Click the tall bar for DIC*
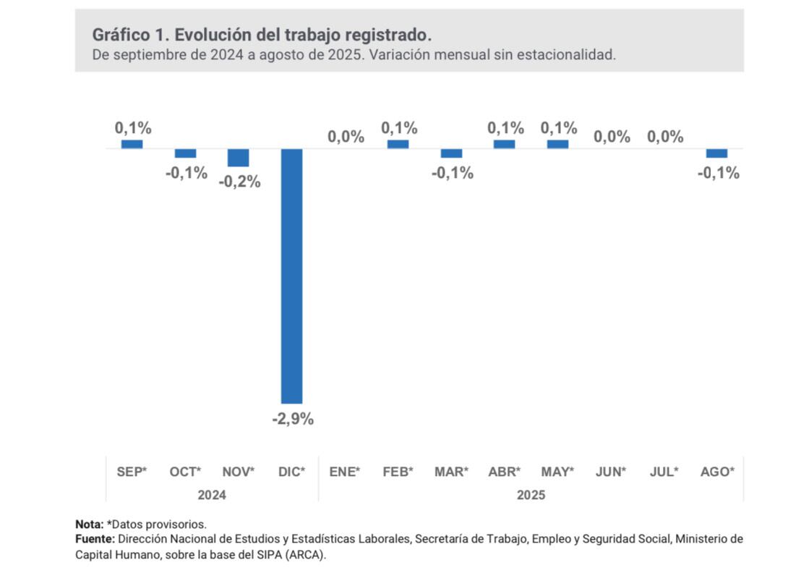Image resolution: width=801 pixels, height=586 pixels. [x=291, y=276]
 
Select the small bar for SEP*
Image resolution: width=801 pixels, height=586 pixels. [x=132, y=144]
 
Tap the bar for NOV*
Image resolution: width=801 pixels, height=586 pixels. [x=239, y=158]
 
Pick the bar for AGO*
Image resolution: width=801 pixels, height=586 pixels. [x=717, y=153]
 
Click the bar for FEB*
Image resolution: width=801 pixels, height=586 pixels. [x=398, y=144]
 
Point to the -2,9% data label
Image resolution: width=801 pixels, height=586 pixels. [x=292, y=420]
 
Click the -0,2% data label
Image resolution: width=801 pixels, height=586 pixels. [x=239, y=182]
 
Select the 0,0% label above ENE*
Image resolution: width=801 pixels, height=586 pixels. [x=346, y=137]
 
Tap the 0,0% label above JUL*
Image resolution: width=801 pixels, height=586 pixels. [x=665, y=137]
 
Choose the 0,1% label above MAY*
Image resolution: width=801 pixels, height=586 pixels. [x=558, y=128]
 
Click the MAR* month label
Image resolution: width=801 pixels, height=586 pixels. [x=451, y=472]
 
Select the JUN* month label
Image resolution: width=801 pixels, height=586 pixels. [x=611, y=472]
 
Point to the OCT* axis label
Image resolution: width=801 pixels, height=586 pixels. [x=185, y=472]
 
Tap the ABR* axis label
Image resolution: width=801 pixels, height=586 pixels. [x=505, y=472]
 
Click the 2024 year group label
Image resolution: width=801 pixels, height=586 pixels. [x=212, y=495]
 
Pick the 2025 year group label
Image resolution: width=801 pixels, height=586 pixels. [x=531, y=495]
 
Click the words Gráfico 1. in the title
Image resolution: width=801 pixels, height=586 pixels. [x=131, y=35]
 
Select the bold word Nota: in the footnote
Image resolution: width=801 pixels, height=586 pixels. [x=89, y=524]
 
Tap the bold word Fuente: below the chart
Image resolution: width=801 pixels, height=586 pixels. [x=95, y=539]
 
